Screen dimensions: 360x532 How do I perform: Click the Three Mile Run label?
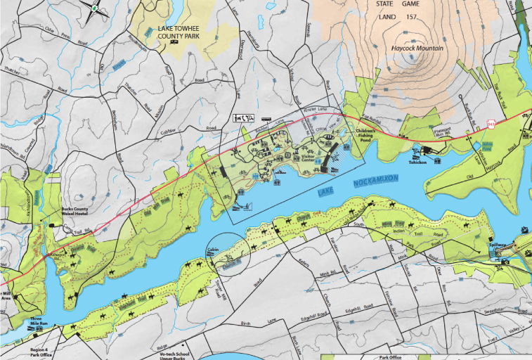coord(39,321)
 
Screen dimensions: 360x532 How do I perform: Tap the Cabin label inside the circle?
coord(214,250)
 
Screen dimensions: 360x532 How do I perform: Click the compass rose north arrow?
coord(93,8)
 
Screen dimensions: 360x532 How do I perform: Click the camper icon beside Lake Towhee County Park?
coord(173,41)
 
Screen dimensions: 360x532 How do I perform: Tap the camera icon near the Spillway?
coord(505,260)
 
